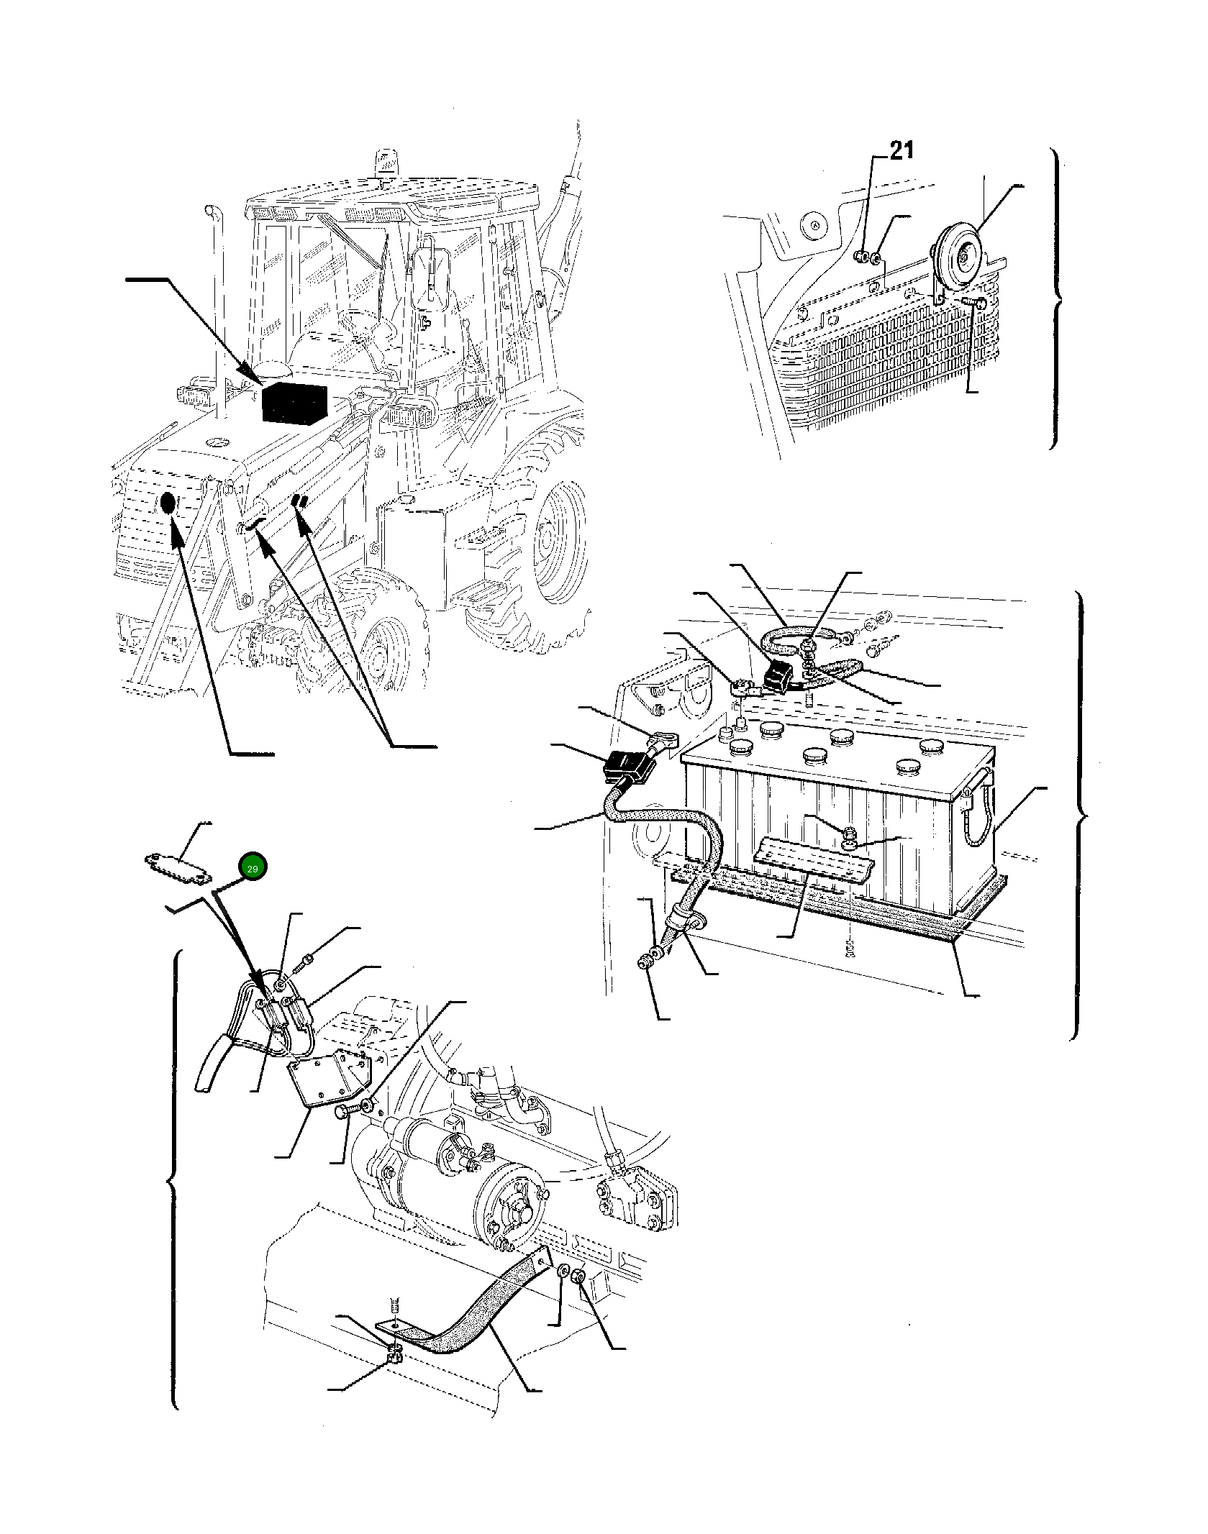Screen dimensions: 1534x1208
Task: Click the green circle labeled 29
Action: point(253,868)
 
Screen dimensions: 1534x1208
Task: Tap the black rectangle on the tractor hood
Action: point(294,403)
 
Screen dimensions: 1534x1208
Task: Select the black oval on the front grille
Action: point(167,504)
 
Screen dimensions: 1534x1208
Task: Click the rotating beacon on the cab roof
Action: point(381,163)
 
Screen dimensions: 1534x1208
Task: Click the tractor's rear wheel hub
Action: point(548,534)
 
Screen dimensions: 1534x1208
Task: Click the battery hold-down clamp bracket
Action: point(813,860)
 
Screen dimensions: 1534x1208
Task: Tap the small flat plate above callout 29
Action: point(176,864)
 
